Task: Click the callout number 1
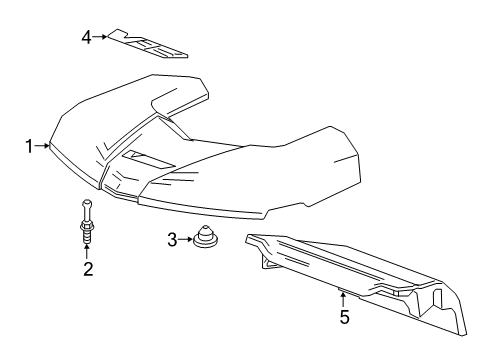coord(29,146)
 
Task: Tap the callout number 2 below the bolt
coord(87,268)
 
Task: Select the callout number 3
coord(171,239)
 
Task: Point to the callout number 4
coord(87,37)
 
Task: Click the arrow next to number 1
coord(43,146)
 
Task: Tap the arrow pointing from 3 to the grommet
coord(184,239)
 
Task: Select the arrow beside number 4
coord(101,37)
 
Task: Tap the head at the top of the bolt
coord(87,205)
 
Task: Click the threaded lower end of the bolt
coord(87,235)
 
